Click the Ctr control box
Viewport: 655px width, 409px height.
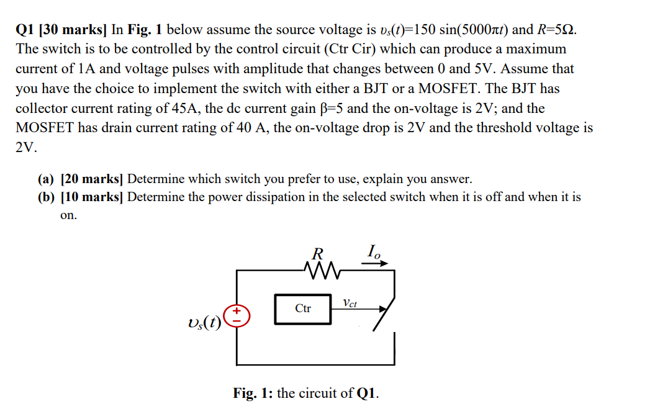[303, 308]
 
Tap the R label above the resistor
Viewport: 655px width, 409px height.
[317, 254]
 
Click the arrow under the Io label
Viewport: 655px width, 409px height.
[374, 263]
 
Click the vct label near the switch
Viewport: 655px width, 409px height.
[350, 303]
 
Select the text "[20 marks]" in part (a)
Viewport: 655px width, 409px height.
[93, 179]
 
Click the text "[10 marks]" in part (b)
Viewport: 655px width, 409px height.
[93, 197]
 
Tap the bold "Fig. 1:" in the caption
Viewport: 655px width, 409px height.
[253, 393]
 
